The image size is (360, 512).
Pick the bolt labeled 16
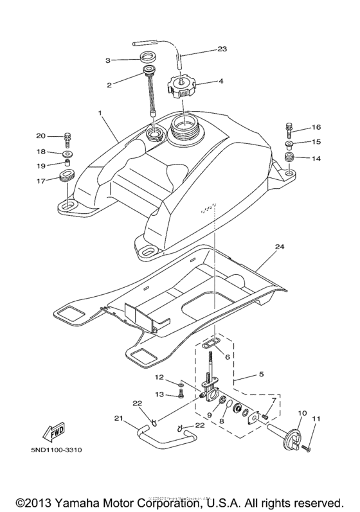[x=289, y=129]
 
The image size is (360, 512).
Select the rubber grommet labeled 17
[x=66, y=177]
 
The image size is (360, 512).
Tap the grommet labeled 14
[x=291, y=158]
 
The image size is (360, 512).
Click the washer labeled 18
[x=67, y=155]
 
